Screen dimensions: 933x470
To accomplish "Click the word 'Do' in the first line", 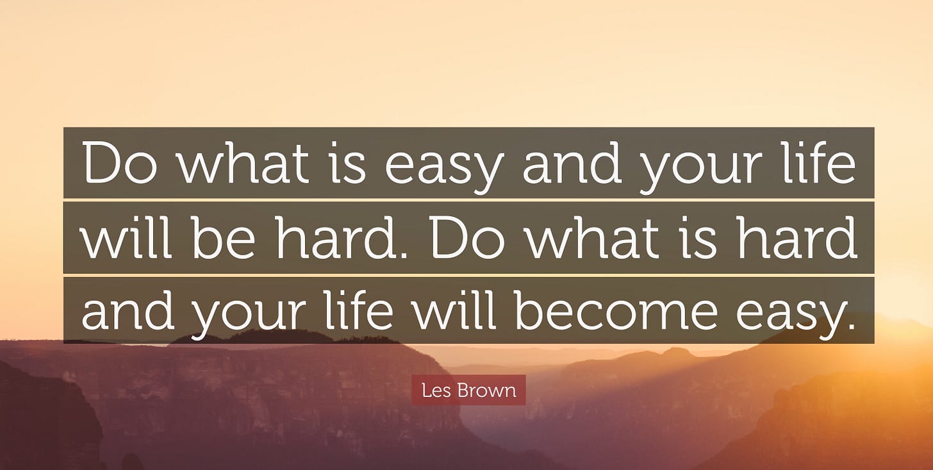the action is [x=120, y=162].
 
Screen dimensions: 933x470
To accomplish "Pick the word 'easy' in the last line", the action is [x=796, y=317].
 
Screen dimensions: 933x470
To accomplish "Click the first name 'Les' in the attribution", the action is [x=436, y=390].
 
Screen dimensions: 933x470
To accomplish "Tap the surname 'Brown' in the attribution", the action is [x=487, y=390].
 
